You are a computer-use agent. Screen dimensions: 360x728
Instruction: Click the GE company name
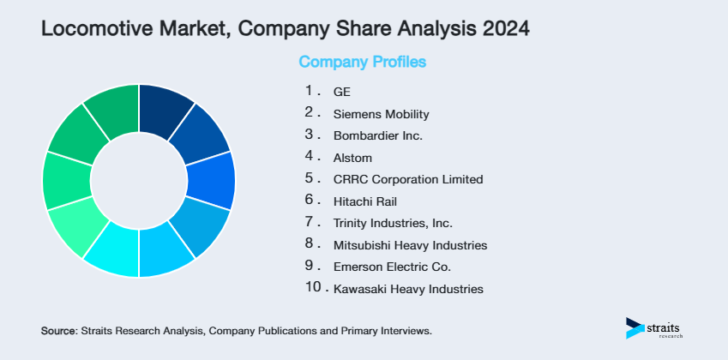(x=341, y=92)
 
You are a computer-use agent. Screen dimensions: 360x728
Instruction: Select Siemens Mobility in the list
(x=381, y=114)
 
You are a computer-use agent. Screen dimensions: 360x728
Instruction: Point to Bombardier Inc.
(x=378, y=135)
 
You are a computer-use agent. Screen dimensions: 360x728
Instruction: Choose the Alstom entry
(x=352, y=158)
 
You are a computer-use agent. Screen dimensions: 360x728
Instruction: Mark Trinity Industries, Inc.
(x=392, y=224)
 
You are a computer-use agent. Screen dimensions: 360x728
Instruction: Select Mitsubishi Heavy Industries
(x=410, y=245)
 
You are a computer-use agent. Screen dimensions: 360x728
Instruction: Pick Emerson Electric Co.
(x=392, y=267)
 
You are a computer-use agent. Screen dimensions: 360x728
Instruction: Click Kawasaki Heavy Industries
(x=408, y=290)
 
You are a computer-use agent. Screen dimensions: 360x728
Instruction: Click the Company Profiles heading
(x=362, y=63)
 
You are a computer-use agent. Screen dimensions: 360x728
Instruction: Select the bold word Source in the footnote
(x=58, y=330)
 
